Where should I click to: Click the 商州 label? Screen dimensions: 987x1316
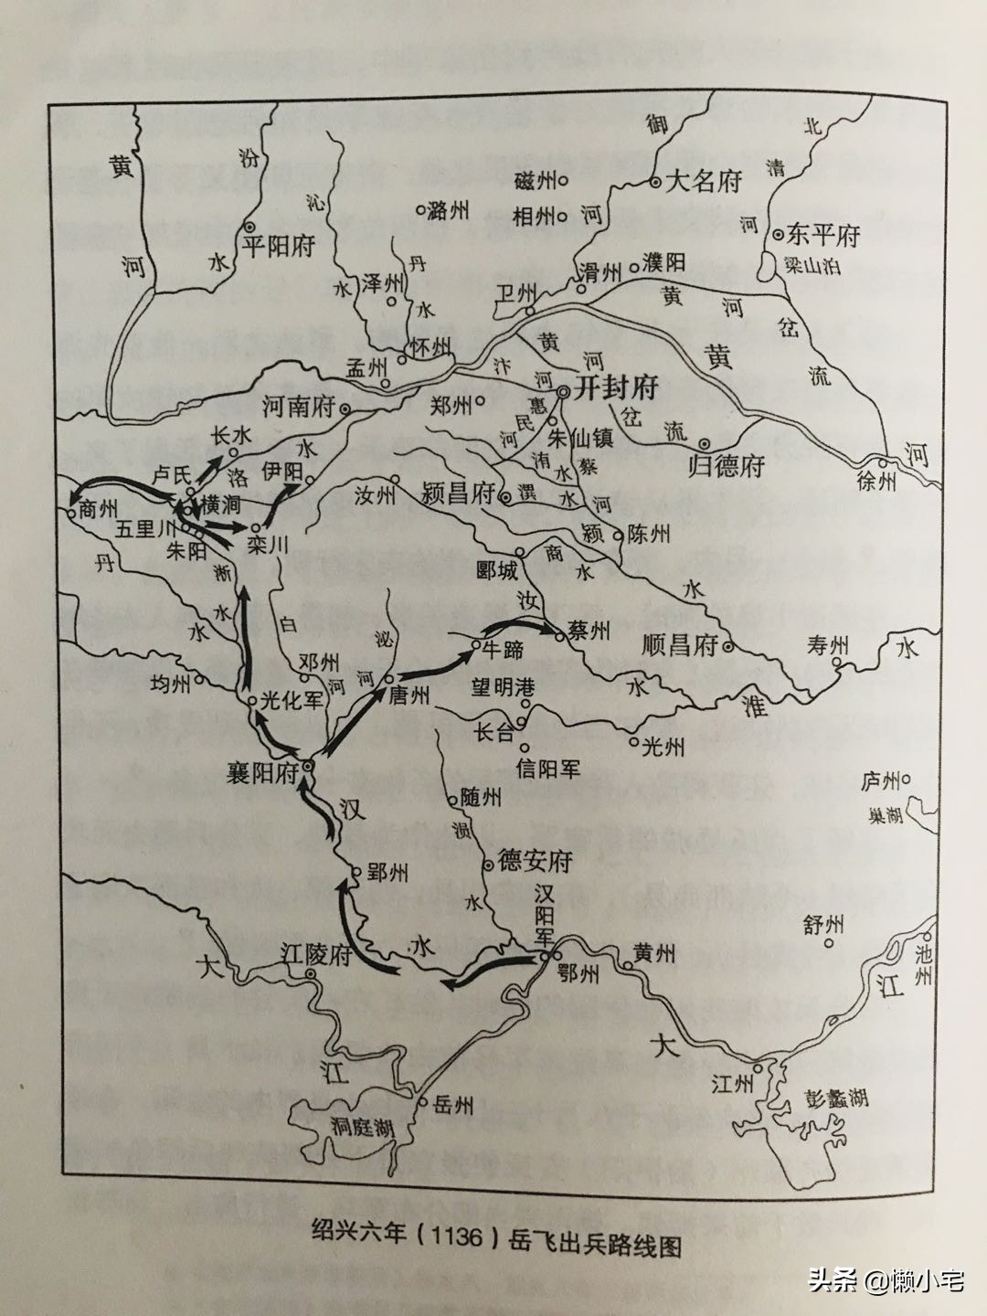100,509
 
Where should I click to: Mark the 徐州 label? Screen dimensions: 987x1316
876,482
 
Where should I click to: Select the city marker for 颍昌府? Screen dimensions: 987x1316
505,497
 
